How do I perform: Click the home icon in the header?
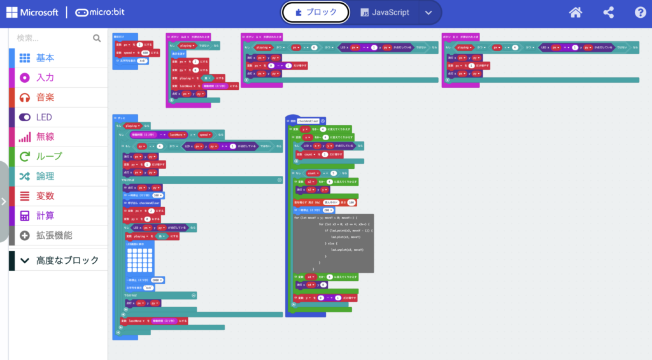pos(576,12)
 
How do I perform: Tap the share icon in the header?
pos(608,12)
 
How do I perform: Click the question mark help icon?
pos(641,12)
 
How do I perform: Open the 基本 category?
pos(45,57)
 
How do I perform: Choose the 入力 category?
pos(45,77)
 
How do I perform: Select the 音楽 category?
pos(45,97)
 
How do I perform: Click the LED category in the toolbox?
pos(44,117)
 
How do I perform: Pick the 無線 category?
pos(45,137)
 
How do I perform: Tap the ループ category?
pos(49,156)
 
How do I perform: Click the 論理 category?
pos(45,176)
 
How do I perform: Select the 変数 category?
pos(45,196)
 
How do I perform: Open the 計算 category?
pos(45,215)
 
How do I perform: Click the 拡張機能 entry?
pos(54,235)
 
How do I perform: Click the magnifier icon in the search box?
pos(97,38)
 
